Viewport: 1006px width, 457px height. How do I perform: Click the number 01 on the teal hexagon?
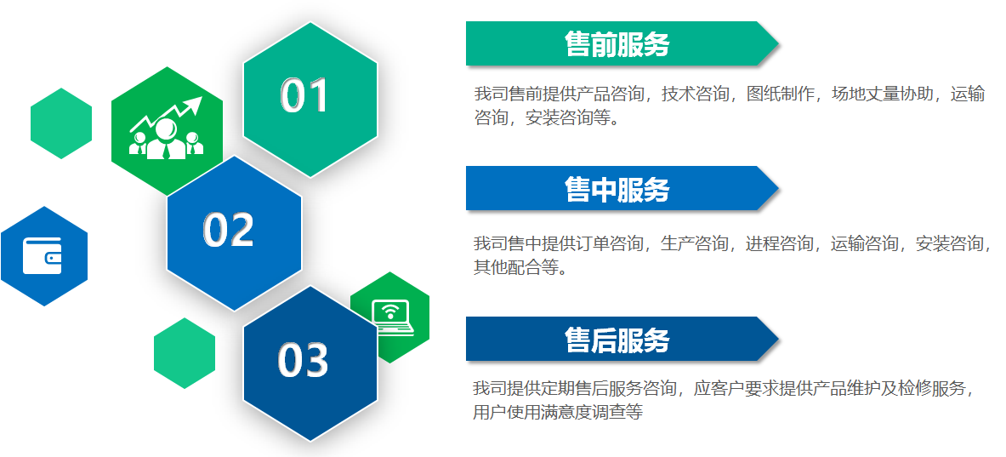[304, 95]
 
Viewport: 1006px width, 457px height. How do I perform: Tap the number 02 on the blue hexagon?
[229, 229]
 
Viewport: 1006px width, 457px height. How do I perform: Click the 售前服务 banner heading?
[617, 44]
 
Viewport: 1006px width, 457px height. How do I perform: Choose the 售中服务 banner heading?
[617, 189]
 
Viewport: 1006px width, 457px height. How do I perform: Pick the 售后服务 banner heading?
[617, 340]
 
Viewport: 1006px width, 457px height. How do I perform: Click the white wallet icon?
[43, 255]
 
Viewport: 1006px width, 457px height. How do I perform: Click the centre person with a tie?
[166, 140]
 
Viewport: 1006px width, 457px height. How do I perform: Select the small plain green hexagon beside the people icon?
[61, 123]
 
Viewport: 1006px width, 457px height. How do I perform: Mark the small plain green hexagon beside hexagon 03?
[185, 353]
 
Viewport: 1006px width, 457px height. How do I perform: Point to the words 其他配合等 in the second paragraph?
[516, 267]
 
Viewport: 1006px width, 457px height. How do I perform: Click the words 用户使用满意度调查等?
[558, 411]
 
